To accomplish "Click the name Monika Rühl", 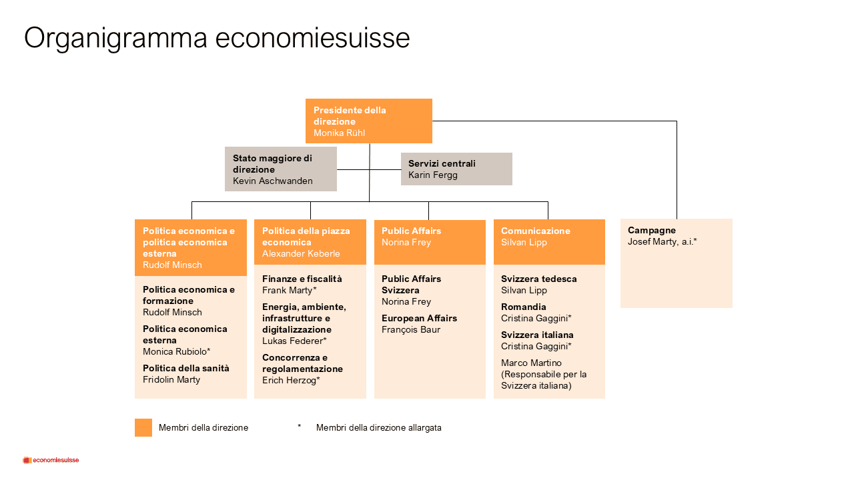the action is click(x=339, y=133).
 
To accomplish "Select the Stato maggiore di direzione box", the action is click(x=281, y=169).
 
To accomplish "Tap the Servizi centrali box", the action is click(x=456, y=169).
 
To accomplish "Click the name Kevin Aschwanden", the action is click(x=273, y=181).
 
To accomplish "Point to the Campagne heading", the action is click(x=652, y=231).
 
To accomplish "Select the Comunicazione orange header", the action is click(x=549, y=242).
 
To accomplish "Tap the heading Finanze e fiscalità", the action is click(x=302, y=279).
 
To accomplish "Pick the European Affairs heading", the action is click(x=419, y=318).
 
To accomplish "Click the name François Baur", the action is click(x=410, y=329).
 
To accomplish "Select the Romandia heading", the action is click(x=523, y=307).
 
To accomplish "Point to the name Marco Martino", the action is click(x=531, y=363).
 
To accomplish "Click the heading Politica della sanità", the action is click(x=186, y=369).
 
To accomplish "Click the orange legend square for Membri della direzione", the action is click(x=143, y=427).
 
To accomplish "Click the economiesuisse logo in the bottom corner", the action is click(x=51, y=460).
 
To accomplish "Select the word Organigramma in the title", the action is click(x=115, y=38).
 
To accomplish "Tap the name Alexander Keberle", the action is click(x=301, y=254).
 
